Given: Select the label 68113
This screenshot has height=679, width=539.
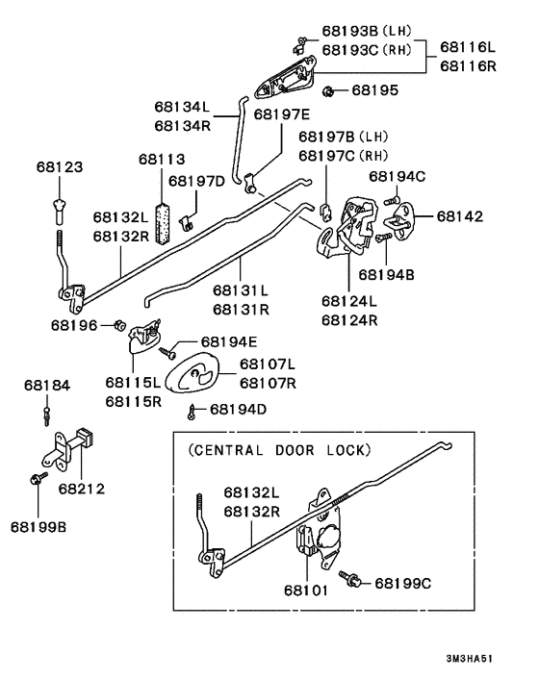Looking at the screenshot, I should point(161,159).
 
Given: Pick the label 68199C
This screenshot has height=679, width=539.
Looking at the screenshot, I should point(404,582).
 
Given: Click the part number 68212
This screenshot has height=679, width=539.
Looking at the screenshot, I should point(81,489).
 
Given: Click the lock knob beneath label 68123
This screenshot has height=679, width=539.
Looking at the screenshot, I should point(61,204).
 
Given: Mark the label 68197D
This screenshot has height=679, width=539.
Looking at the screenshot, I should point(196,180).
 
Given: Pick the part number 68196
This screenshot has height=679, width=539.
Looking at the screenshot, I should point(74,325).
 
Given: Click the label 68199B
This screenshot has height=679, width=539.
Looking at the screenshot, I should point(39,526).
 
